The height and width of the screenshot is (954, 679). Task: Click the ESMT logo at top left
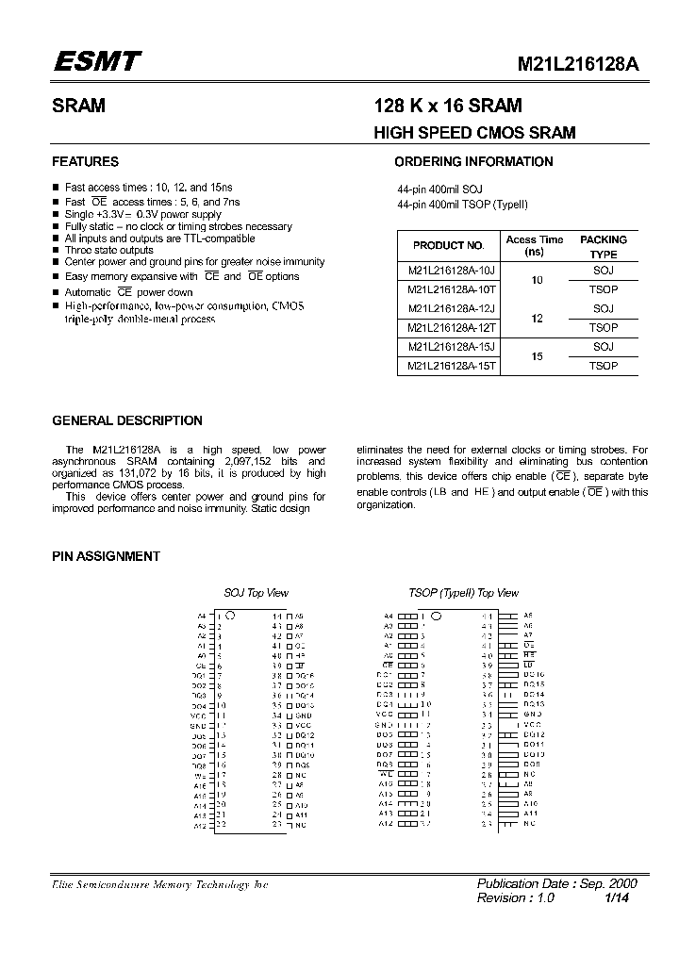(96, 62)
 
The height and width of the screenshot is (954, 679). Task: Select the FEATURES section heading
(85, 161)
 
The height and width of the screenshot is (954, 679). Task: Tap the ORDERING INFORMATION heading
(473, 161)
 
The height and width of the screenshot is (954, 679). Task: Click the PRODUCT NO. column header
(448, 246)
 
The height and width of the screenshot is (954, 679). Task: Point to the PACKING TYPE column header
(603, 247)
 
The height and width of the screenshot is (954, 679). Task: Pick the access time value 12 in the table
(537, 319)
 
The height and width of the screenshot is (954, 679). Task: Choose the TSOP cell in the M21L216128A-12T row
(603, 328)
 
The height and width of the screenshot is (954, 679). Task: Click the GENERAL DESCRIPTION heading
(127, 420)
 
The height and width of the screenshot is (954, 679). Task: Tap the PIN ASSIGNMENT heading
(106, 556)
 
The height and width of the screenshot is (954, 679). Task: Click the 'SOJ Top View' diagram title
(256, 593)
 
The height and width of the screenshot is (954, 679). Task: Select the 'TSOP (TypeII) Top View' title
(463, 593)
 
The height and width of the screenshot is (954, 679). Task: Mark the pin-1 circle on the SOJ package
(231, 616)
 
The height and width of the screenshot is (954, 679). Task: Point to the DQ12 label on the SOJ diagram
(303, 735)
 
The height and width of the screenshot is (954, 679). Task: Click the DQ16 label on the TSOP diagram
(534, 675)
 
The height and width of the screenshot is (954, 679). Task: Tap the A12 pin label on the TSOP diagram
(387, 824)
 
